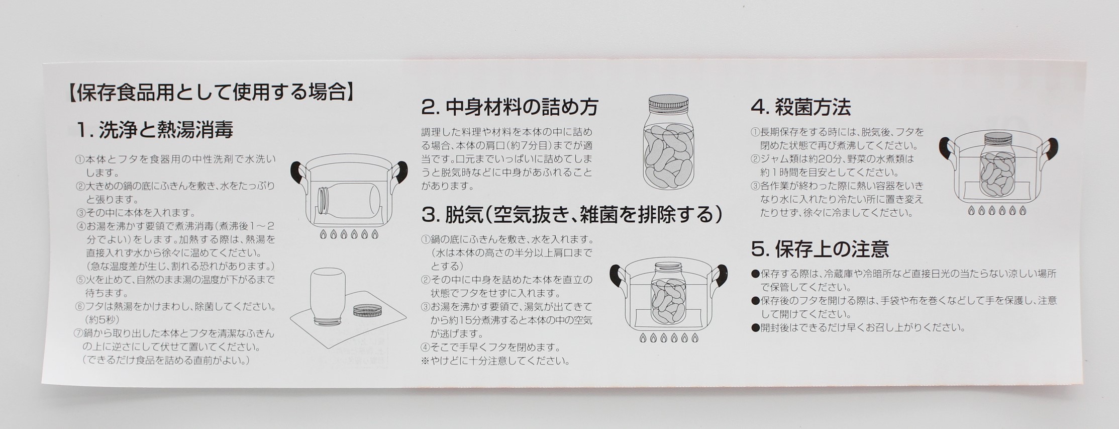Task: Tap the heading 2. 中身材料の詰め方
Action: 510,107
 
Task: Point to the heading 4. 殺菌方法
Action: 800,107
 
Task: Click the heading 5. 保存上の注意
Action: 820,248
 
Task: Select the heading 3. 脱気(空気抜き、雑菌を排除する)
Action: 572,215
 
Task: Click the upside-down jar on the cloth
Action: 329,296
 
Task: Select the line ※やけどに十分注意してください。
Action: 495,361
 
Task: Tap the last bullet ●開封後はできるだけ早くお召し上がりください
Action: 858,328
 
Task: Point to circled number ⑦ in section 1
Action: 78,334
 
